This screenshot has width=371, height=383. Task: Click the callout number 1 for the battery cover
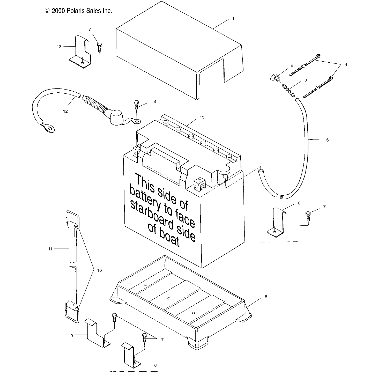click(233, 19)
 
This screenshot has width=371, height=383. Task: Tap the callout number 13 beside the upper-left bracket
click(59, 47)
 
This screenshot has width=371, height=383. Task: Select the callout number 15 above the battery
click(202, 117)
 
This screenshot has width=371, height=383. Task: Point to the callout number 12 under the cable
click(65, 111)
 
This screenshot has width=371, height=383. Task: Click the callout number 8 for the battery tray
click(266, 297)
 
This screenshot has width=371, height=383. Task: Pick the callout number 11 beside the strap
click(50, 249)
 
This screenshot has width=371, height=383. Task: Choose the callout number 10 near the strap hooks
click(99, 270)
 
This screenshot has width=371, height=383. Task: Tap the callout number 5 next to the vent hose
click(327, 140)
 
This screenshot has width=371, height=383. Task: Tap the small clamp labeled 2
click(274, 77)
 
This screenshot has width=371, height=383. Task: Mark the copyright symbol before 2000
click(47, 11)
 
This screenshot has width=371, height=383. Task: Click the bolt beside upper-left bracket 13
click(99, 47)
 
